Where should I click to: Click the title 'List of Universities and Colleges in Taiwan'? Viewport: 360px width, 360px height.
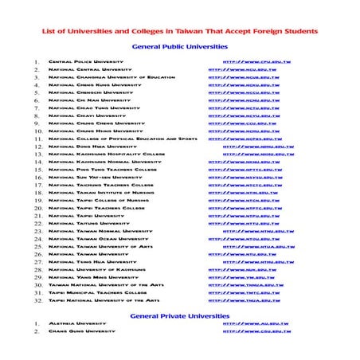(179, 30)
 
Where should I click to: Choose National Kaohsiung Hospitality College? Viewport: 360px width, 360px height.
(107, 155)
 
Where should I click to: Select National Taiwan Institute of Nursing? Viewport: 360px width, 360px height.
(101, 193)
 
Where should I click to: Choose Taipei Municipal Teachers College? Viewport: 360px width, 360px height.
(98, 292)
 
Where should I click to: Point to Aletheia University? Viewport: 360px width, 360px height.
(76, 324)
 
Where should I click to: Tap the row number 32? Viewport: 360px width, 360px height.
(37, 300)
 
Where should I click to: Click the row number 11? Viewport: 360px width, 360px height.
(37, 139)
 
